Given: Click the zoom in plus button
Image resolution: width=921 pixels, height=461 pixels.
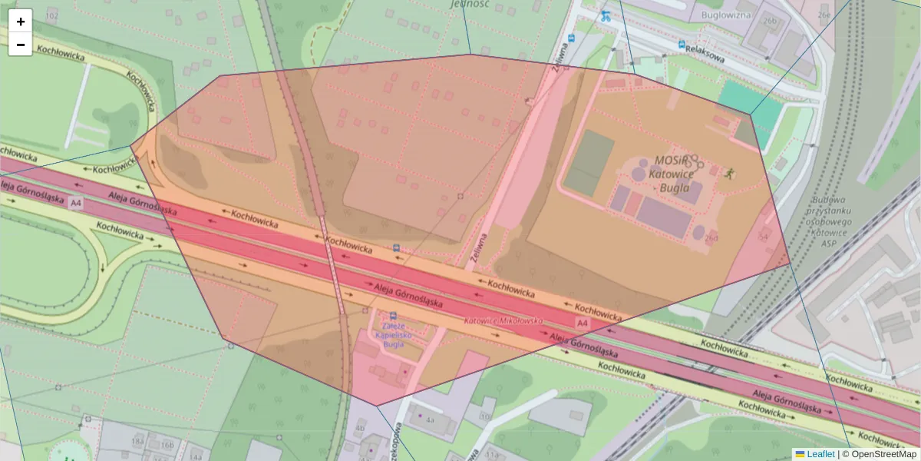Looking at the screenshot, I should click(x=21, y=22).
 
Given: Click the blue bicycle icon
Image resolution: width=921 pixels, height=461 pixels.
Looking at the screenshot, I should click(x=606, y=15).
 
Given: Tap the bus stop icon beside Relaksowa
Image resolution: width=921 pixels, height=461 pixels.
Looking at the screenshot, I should click(x=682, y=45).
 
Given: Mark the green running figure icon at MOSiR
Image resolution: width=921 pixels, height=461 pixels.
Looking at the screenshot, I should click(x=730, y=173).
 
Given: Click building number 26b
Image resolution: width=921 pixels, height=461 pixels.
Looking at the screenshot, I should click(x=770, y=22).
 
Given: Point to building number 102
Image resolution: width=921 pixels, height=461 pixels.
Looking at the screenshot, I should click(x=52, y=15).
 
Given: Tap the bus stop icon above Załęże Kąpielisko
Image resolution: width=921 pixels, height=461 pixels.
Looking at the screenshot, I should click(x=393, y=316).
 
